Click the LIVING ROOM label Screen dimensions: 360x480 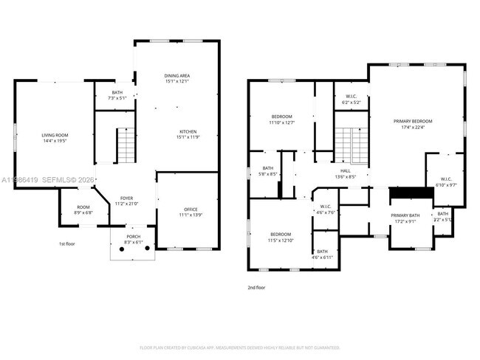click(55, 135)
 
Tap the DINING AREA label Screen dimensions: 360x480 click(177, 75)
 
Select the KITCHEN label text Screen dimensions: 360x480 click(187, 131)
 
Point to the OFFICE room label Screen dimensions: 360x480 click(190, 209)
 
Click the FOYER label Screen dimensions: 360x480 click(126, 198)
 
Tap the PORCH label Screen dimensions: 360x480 click(132, 237)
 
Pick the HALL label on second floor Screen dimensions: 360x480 click(346, 170)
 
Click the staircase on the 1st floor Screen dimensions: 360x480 click(126, 145)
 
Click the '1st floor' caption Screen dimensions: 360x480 click(67, 243)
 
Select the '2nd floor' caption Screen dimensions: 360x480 click(256, 288)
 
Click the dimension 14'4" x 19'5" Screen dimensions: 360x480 click(55, 141)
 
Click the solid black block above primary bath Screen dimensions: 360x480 click(410, 193)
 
